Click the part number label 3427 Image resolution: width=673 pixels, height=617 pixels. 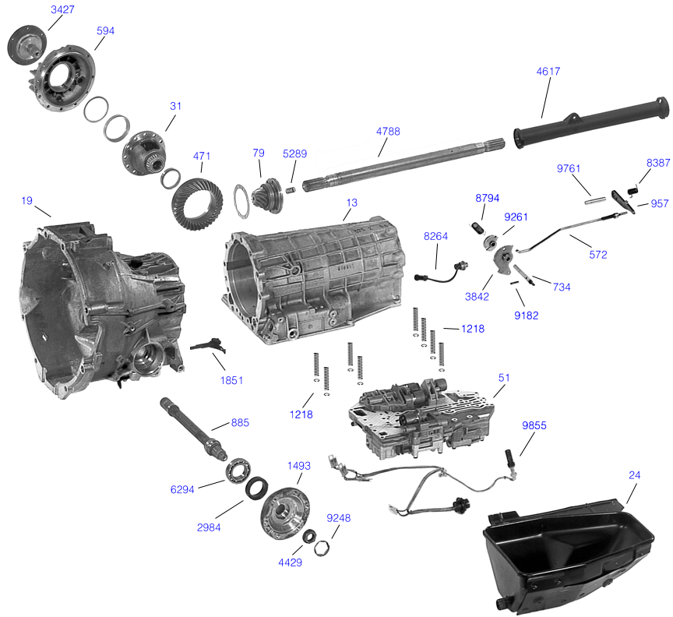pos(62,9)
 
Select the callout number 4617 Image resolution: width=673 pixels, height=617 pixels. pos(548,71)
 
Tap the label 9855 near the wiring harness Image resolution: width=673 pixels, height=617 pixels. pos(534,425)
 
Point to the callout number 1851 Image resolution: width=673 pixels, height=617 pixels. pos(231,380)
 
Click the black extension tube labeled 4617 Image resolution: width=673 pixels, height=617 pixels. pos(592,120)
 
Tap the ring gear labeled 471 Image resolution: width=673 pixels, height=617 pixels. pos(198,199)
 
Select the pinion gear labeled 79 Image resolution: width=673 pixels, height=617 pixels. pos(269,192)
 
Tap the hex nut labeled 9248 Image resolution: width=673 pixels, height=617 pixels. pos(320,547)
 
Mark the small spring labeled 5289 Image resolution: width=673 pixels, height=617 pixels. pos(291,189)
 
